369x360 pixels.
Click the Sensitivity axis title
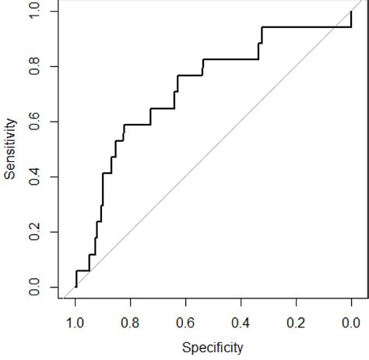tap(10, 149)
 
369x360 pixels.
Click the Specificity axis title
tap(213, 348)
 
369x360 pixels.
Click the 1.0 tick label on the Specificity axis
tap(76, 321)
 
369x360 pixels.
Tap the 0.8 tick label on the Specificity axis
tap(131, 321)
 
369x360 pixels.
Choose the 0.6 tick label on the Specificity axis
tap(186, 321)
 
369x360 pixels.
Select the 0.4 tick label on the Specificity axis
tap(241, 321)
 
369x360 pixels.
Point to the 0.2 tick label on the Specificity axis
tap(297, 321)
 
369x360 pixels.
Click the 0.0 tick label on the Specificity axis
tap(352, 321)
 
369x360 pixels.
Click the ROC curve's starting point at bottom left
tap(76, 287)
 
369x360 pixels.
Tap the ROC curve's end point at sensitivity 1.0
tap(352, 12)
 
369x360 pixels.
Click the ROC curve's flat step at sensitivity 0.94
tap(307, 27)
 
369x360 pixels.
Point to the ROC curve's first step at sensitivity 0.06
tap(83, 270)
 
